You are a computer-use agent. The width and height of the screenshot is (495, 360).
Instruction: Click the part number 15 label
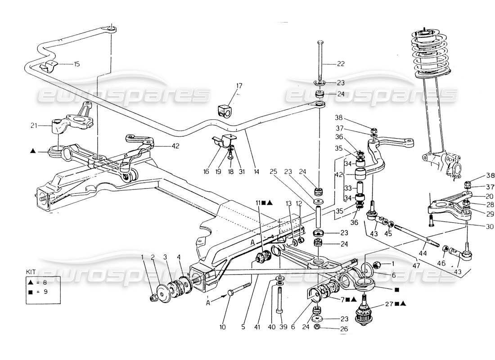pyautogui.click(x=76, y=64)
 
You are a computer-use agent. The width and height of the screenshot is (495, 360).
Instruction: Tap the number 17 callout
pyautogui.click(x=239, y=85)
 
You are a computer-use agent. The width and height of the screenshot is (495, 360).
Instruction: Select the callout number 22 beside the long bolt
pyautogui.click(x=341, y=64)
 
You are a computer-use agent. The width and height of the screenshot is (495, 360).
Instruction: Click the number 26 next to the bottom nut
pyautogui.click(x=344, y=329)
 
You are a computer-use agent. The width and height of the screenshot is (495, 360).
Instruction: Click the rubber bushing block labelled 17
pyautogui.click(x=225, y=109)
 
